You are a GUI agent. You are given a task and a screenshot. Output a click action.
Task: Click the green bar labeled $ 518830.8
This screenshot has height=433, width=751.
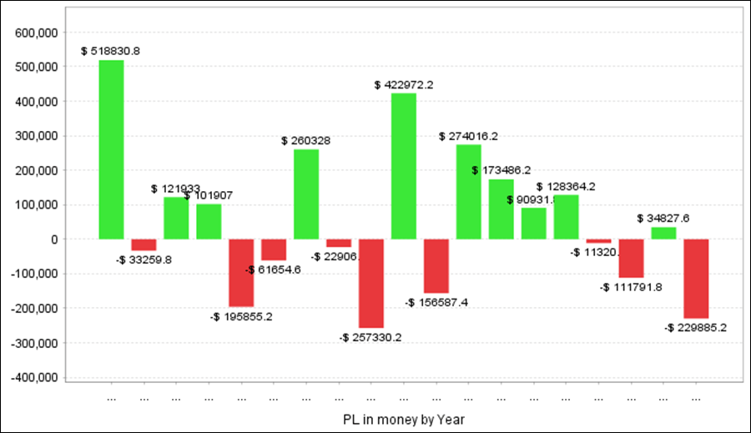[x=111, y=149]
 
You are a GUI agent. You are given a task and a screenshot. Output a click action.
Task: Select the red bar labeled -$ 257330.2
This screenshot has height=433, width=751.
[x=371, y=283]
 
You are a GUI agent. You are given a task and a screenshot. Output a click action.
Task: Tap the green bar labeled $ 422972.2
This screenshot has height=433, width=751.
[x=404, y=166]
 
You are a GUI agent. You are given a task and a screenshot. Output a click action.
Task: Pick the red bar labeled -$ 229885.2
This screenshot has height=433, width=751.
[x=696, y=279]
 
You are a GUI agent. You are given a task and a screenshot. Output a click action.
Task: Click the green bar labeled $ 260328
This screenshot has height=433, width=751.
[x=306, y=194]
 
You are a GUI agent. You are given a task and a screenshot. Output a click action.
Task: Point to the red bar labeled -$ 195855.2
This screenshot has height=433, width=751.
[x=241, y=273]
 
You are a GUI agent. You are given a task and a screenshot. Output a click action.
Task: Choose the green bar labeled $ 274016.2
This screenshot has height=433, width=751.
[x=468, y=192]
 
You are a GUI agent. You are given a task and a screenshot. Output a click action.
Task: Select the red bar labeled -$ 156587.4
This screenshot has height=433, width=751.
[x=436, y=265]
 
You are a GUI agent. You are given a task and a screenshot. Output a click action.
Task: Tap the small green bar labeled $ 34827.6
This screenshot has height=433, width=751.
[x=663, y=233]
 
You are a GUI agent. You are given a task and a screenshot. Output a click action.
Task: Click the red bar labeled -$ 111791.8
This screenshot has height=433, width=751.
[x=631, y=258]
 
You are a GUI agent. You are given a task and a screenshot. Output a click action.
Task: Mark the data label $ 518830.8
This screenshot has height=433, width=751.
[x=111, y=51]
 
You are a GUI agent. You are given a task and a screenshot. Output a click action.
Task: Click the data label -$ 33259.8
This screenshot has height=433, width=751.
[x=144, y=259]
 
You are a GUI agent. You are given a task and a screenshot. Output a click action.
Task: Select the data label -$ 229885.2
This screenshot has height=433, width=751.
[x=695, y=328]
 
